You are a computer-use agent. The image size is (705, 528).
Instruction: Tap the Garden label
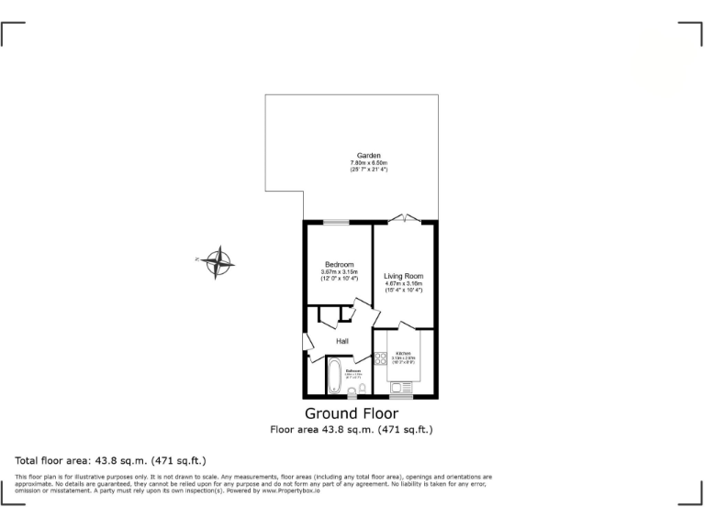[x=369, y=156]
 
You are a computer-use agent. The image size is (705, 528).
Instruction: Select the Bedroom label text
[x=339, y=265]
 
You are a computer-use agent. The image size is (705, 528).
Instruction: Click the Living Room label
[x=404, y=276]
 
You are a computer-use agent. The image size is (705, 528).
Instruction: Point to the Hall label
[x=341, y=341]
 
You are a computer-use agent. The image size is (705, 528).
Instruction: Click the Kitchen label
[x=404, y=353]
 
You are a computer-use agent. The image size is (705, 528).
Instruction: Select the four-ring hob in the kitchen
[x=381, y=358]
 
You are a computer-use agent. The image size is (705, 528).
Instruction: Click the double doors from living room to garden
[x=404, y=220]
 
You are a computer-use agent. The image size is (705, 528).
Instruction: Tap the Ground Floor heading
[x=351, y=413]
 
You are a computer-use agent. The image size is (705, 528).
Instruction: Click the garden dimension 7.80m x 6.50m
[x=369, y=163]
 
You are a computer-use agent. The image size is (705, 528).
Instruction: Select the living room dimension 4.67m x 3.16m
[x=404, y=284]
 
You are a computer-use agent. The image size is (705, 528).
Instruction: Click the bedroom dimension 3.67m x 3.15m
[x=339, y=272]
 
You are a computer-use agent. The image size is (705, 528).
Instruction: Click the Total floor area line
[x=111, y=459]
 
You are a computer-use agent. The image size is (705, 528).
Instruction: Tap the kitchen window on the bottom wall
[x=401, y=397]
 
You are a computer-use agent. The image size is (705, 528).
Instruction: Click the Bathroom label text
[x=353, y=370]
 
